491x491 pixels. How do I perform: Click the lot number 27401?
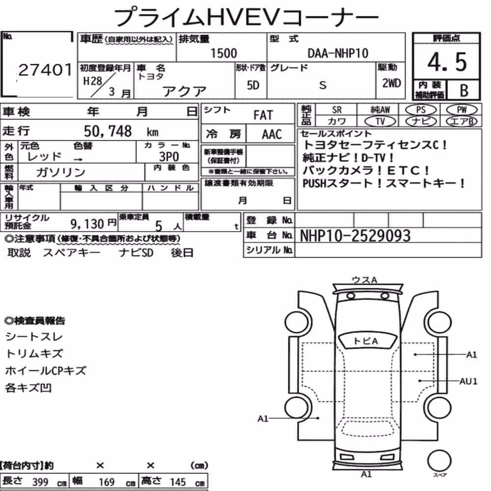pos(45,70)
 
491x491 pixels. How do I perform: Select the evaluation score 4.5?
pos(447,62)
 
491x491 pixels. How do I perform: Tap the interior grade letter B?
pos(464,90)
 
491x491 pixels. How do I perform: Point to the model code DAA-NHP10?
pos(338,53)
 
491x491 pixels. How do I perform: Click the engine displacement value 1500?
pos(223,53)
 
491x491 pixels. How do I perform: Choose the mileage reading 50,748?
pos(108,131)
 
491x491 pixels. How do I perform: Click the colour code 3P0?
pos(169,157)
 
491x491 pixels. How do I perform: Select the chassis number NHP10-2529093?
pos(355,236)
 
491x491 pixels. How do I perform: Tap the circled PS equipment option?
pos(421,110)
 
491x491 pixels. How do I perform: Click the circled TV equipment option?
pos(380,121)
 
